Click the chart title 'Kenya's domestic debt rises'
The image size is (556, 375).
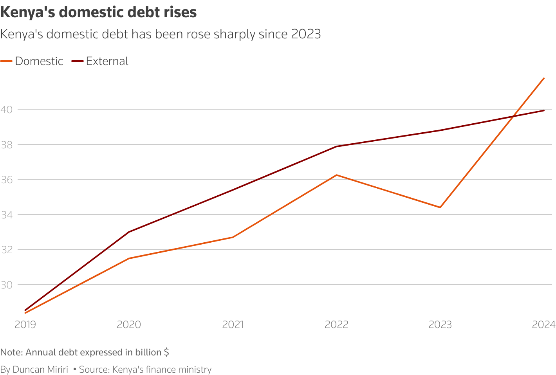point(99,13)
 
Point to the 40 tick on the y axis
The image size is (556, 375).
point(7,110)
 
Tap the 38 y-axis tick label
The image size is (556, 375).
point(7,145)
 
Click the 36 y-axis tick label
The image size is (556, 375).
point(7,180)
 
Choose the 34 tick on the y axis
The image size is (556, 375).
point(7,215)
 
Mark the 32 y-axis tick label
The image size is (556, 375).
point(7,250)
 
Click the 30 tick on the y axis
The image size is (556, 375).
point(7,285)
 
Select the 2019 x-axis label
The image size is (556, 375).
point(25,325)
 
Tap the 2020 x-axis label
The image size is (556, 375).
point(129,325)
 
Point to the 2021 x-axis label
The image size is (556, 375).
point(233,325)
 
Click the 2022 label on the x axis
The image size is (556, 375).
point(336,325)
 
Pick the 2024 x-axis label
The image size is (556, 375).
point(543,325)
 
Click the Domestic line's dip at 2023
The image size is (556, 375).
point(440,207)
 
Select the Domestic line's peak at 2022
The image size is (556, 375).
point(336,175)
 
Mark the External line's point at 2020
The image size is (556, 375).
point(129,232)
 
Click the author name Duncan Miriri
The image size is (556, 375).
point(40,370)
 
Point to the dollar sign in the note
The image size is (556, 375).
point(166,352)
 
